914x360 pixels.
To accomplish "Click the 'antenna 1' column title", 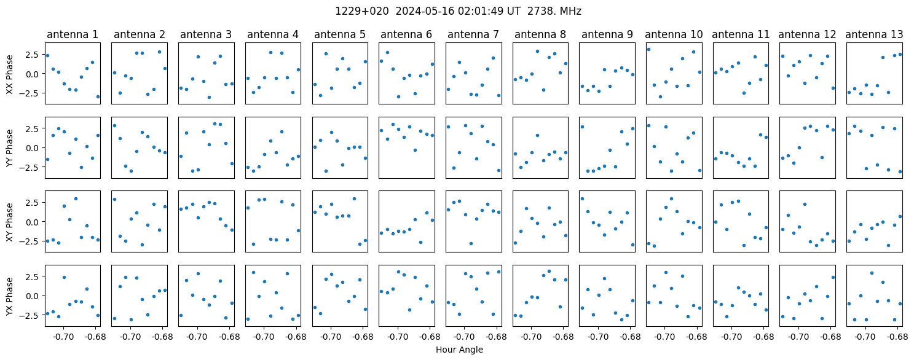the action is point(73,34).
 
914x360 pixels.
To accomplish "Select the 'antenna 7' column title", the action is point(473,34).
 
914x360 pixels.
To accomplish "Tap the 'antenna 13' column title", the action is point(874,34).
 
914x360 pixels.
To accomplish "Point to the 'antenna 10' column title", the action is point(674,34).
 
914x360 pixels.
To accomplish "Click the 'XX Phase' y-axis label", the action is point(10,74).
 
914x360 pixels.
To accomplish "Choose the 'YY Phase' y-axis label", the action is point(10,148).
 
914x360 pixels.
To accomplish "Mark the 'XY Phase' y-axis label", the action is point(10,222).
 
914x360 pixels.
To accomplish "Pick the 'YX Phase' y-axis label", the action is point(10,296).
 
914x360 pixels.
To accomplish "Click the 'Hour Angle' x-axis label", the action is point(459,350).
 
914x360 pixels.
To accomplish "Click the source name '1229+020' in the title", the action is point(362,12).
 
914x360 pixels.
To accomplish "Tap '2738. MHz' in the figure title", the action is point(554,12).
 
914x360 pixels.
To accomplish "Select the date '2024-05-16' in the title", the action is point(425,12).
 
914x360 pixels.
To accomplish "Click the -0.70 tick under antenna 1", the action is point(64,337).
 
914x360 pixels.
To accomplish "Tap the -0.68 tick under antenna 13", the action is point(897,337).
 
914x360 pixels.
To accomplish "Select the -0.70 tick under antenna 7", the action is point(465,337).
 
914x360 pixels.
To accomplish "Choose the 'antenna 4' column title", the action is point(273,34).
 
